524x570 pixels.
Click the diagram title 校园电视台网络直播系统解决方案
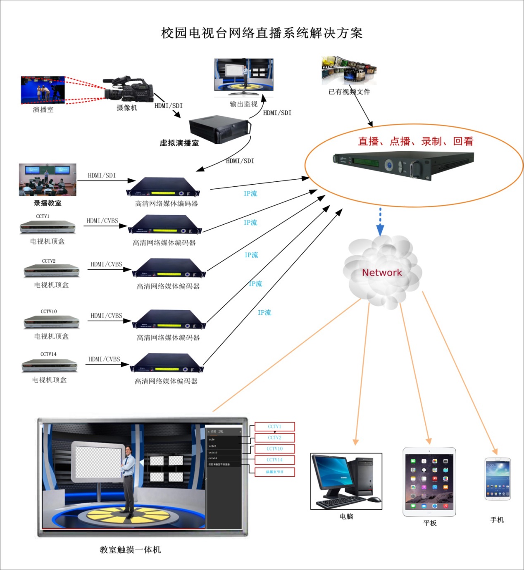[x=262, y=33]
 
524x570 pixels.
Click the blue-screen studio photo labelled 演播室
[x=43, y=90]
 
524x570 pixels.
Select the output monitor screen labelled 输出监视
[x=243, y=75]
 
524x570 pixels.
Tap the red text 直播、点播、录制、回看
[x=415, y=142]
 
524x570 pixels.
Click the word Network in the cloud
[x=382, y=273]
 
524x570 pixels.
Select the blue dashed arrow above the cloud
[x=380, y=222]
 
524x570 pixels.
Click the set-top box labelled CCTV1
[x=48, y=227]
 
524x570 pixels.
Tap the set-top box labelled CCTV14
[x=50, y=365]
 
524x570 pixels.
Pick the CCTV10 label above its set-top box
[x=49, y=311]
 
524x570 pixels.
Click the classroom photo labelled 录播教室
[x=48, y=180]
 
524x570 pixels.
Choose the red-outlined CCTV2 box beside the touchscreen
[x=274, y=437]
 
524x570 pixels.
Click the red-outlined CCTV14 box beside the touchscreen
[x=274, y=460]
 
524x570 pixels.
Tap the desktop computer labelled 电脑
[x=346, y=481]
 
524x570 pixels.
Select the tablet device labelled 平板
[x=429, y=482]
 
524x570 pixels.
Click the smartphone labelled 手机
[x=498, y=479]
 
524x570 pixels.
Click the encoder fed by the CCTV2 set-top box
[x=169, y=269]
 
